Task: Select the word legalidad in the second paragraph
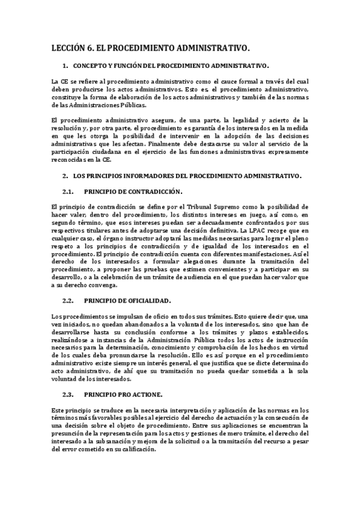click(255, 121)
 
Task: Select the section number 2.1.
click(68, 192)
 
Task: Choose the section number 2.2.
click(68, 300)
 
